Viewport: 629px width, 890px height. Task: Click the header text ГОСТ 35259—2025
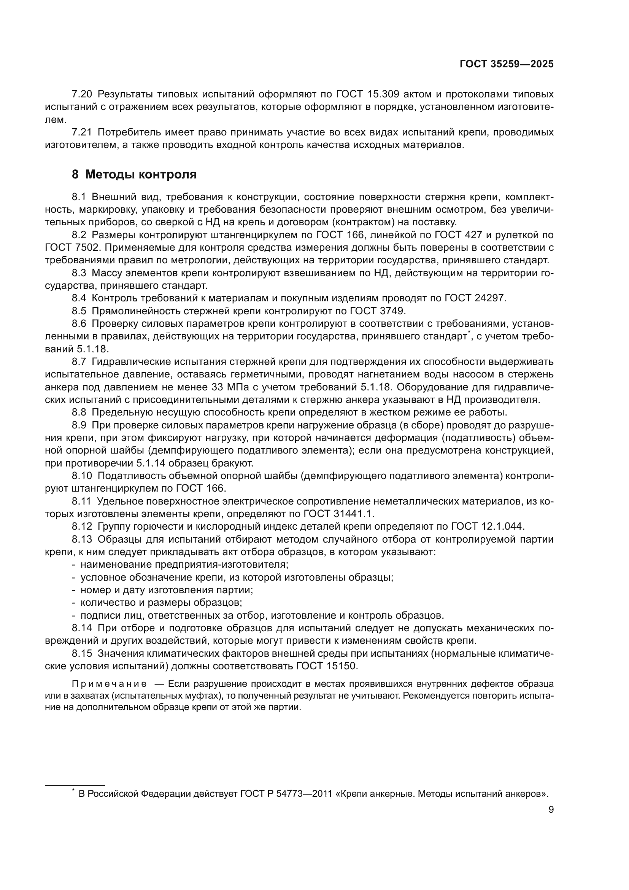click(507, 64)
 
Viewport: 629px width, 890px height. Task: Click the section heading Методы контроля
click(141, 174)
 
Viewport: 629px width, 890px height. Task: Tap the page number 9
click(551, 810)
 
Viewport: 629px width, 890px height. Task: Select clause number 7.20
click(82, 94)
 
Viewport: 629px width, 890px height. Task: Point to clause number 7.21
click(82, 132)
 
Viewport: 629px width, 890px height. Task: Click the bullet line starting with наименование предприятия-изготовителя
click(184, 565)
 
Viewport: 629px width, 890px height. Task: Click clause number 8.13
click(82, 539)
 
